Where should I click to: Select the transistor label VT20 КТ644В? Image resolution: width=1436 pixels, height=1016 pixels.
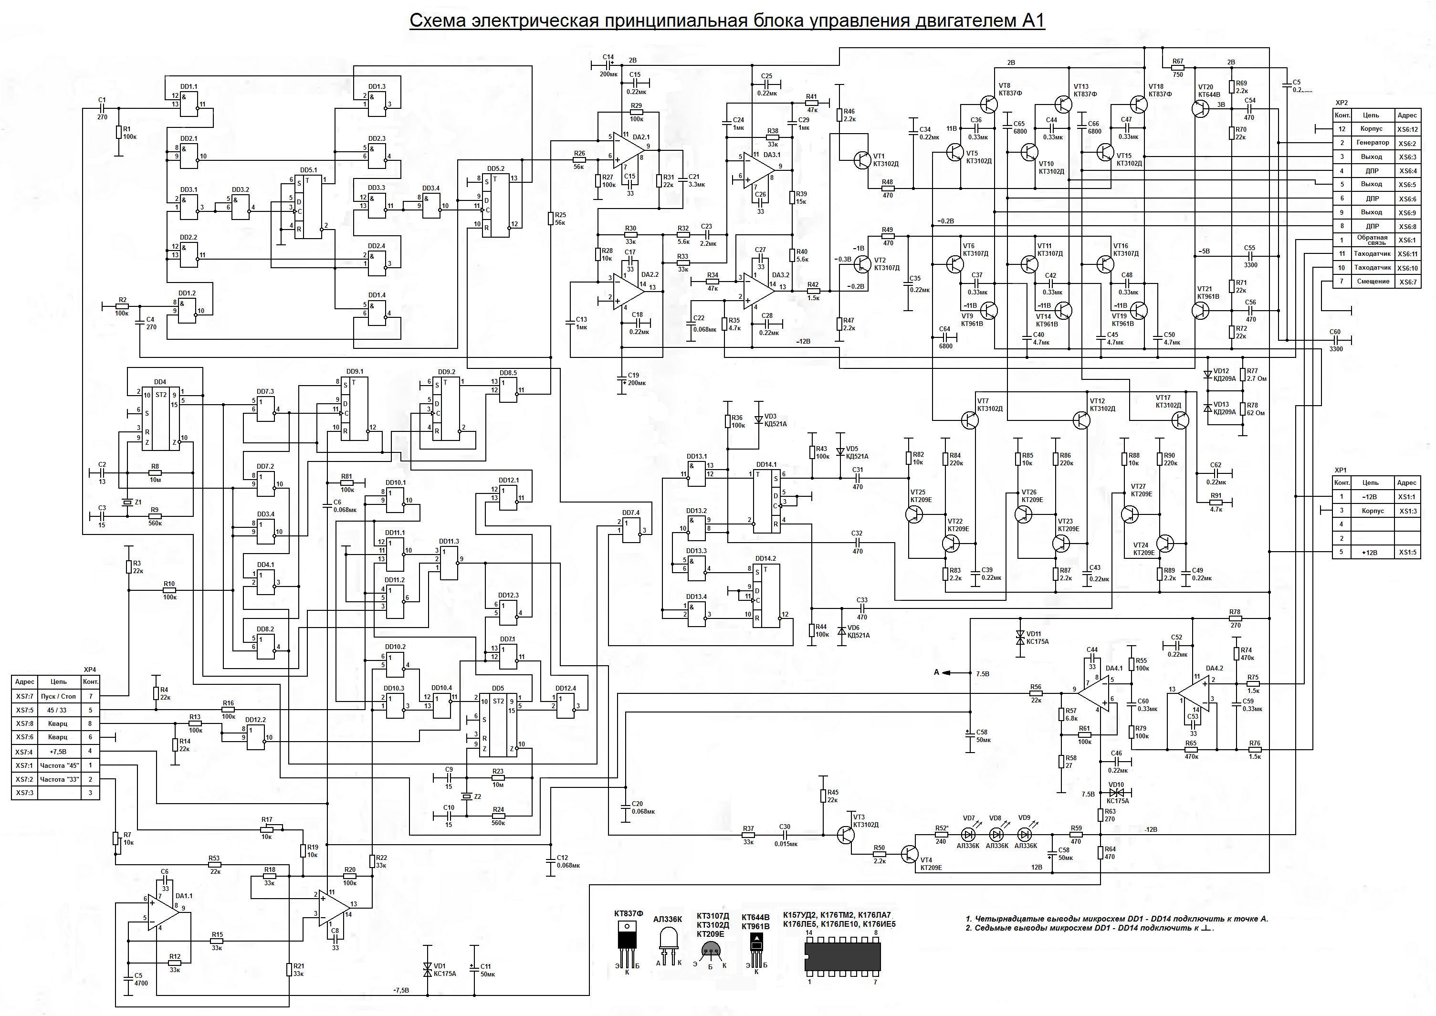click(x=1209, y=91)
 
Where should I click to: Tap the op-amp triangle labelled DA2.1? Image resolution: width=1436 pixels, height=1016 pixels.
click(x=628, y=147)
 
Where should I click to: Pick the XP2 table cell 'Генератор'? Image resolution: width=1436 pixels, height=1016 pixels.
click(x=1372, y=143)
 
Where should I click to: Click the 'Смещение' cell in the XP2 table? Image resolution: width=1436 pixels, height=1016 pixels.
click(x=1372, y=282)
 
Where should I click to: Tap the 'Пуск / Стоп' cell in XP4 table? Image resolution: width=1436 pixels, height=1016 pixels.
click(x=58, y=696)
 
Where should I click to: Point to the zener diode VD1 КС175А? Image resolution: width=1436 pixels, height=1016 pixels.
click(x=427, y=970)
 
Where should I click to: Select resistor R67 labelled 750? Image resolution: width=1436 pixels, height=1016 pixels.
click(x=1178, y=68)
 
